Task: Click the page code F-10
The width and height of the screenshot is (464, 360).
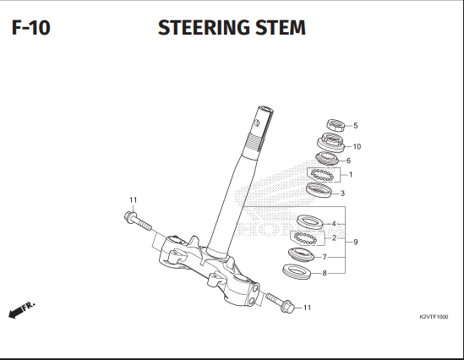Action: pos(31,28)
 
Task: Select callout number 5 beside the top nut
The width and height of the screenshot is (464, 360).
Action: pos(355,125)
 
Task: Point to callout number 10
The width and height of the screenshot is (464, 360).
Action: pos(357,146)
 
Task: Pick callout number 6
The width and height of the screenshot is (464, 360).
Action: pos(348,161)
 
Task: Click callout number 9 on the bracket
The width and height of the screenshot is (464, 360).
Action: pos(356,243)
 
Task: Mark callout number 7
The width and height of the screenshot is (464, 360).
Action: pos(324,256)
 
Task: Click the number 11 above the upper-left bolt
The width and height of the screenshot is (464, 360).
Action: pos(133,199)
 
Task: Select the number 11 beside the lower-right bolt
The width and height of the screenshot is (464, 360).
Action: pos(307,308)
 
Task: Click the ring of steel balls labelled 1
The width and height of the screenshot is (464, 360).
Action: pos(321,175)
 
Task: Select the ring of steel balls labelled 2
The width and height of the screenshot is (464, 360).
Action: pos(305,237)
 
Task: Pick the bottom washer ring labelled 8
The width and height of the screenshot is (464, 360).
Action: pos(294,271)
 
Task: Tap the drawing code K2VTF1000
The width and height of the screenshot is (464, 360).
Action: pos(434,316)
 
